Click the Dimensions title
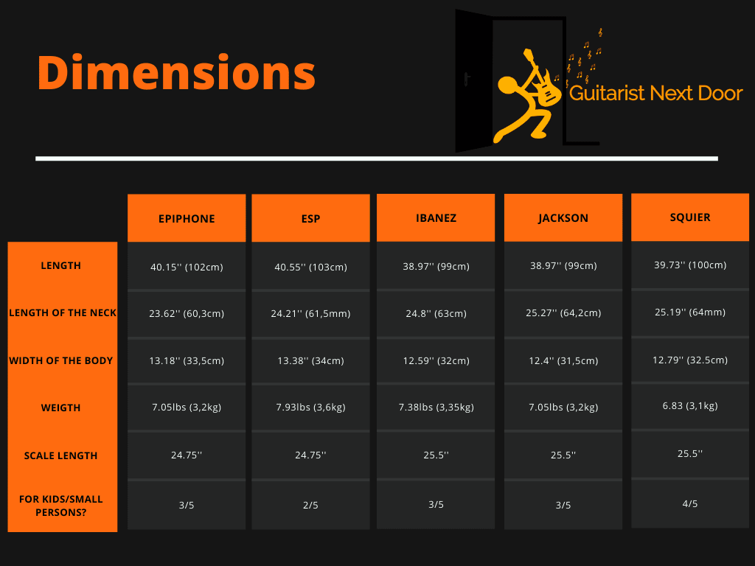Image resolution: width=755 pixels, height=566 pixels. (176, 73)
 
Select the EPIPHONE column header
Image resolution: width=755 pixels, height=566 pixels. (187, 219)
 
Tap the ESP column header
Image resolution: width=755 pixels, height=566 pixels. (310, 219)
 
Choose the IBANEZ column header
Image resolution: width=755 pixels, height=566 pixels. (436, 218)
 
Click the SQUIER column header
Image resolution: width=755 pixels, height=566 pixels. (690, 217)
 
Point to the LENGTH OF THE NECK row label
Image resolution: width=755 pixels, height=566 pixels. (63, 312)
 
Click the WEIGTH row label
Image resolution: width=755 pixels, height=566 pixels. (61, 408)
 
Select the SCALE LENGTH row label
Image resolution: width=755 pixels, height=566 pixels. (61, 455)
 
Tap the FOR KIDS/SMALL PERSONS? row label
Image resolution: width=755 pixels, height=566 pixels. (61, 505)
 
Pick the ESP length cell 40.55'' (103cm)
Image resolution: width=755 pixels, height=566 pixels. (310, 266)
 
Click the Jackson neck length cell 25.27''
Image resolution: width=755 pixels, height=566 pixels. (563, 313)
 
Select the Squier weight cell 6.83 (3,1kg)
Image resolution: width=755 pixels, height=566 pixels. (690, 406)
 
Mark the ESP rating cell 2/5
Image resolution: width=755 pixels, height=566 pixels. (310, 505)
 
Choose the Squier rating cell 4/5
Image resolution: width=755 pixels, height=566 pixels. (690, 503)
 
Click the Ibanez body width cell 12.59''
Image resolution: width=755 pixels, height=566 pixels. (436, 360)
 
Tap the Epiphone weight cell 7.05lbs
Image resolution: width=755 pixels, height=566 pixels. (187, 408)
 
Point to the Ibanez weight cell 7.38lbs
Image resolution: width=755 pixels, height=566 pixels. (436, 408)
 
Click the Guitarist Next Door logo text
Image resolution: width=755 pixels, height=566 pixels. (655, 93)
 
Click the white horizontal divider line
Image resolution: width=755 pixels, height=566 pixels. (376, 158)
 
